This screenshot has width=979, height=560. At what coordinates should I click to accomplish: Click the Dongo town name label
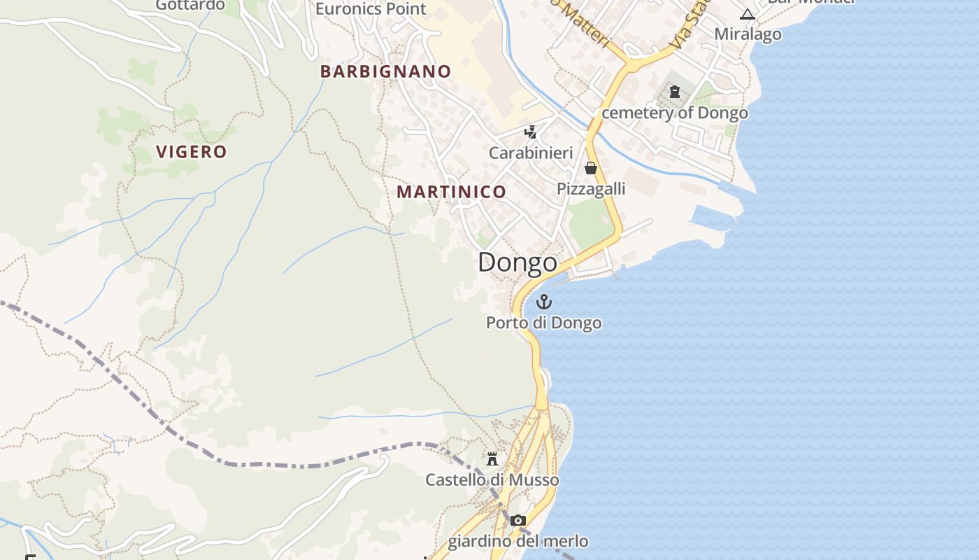(x=517, y=262)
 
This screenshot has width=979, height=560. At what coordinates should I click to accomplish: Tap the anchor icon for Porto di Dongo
(x=543, y=302)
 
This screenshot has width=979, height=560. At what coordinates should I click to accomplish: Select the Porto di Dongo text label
(x=543, y=323)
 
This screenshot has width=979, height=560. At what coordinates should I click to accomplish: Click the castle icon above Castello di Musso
(x=492, y=459)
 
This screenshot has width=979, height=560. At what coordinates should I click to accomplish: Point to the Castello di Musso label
(x=492, y=479)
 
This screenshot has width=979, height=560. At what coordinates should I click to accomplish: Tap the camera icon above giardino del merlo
(x=517, y=520)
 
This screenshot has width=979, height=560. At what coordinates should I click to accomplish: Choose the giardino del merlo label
(x=517, y=541)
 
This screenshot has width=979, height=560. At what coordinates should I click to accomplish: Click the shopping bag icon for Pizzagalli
(x=591, y=168)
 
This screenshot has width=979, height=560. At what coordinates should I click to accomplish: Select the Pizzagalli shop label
(x=591, y=188)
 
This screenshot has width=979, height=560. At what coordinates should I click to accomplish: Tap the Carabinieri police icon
(x=531, y=132)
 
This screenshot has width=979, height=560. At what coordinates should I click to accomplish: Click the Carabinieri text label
(x=531, y=153)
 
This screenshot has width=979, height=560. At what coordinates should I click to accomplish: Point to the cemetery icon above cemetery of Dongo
(x=675, y=92)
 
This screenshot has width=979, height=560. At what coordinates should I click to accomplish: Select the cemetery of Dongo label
(x=675, y=112)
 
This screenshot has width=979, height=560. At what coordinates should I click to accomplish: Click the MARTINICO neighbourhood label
(x=451, y=192)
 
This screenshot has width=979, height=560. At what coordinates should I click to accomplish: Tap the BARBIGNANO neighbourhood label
(x=385, y=71)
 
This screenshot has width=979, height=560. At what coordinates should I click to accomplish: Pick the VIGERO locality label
(x=192, y=152)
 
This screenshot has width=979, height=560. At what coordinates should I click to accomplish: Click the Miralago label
(x=748, y=34)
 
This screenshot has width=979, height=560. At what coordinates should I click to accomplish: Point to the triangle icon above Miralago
(x=748, y=14)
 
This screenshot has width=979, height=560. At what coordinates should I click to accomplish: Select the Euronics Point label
(x=371, y=8)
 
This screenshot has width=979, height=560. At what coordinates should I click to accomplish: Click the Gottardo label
(x=190, y=5)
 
